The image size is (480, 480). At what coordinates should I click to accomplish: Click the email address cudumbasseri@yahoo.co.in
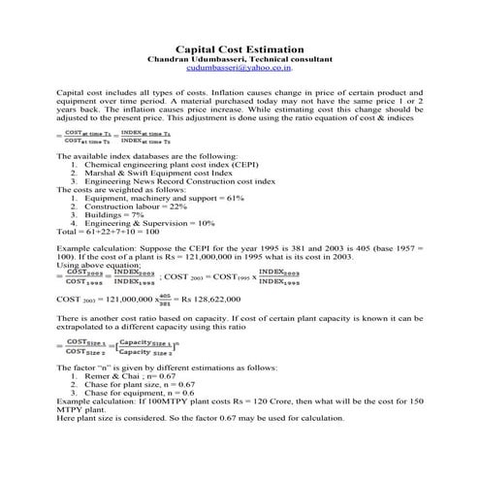point(240,69)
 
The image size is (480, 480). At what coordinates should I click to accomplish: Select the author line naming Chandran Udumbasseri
point(240,59)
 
